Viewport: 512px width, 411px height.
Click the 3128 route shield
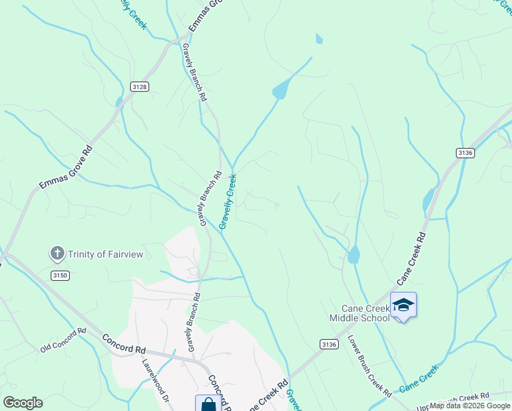coord(140,86)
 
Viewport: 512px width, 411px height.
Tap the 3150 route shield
coord(60,275)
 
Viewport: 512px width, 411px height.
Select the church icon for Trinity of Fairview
coord(57,254)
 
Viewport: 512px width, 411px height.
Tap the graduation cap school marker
coord(403,305)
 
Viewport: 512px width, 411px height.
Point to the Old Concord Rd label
coord(63,339)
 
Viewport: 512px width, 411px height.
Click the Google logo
coord(23,403)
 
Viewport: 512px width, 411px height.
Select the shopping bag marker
coord(208,404)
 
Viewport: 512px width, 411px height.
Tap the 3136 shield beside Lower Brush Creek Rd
coord(329,345)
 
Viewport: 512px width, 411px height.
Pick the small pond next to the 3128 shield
coord(120,101)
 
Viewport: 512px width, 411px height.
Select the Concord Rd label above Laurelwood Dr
coord(124,343)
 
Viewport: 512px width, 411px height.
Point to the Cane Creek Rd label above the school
coord(411,258)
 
